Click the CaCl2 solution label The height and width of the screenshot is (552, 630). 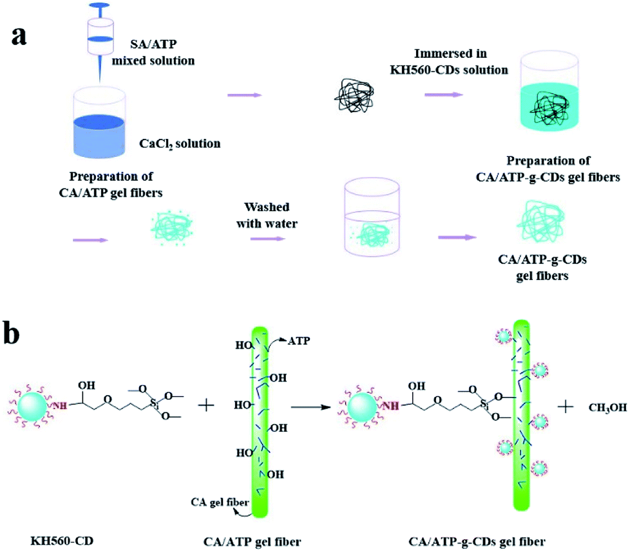[x=180, y=143]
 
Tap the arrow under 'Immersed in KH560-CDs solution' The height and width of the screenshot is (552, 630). [x=443, y=95]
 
